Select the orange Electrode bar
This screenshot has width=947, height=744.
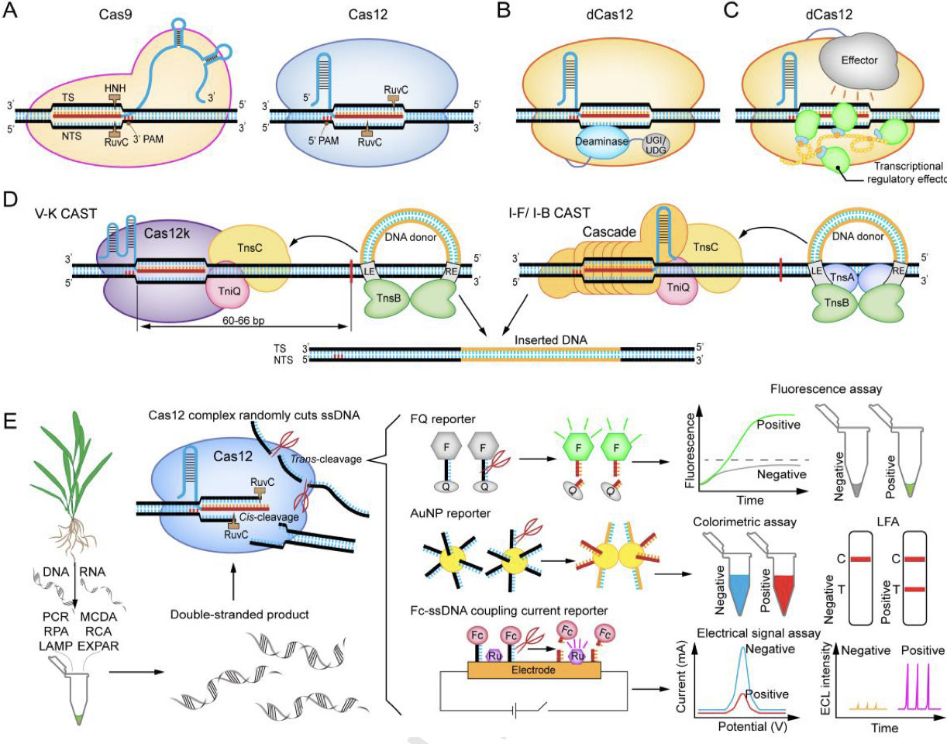(x=533, y=669)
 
